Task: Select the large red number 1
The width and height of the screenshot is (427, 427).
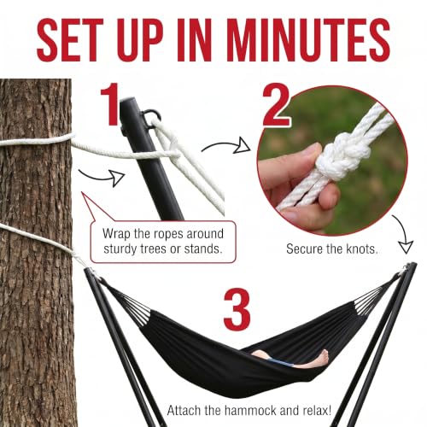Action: pos(109,104)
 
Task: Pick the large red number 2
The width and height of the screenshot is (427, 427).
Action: pos(276,104)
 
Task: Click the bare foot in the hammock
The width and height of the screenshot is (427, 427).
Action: pos(322,356)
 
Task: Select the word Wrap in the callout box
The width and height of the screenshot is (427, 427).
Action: pos(117,234)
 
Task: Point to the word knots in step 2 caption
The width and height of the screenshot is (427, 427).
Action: pos(362,249)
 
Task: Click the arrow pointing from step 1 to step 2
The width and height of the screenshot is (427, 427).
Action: pos(226,145)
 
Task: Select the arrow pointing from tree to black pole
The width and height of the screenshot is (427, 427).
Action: pos(102,178)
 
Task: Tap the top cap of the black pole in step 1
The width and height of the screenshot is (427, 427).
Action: pos(128,102)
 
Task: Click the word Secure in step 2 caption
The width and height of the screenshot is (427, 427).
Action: pos(304,249)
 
